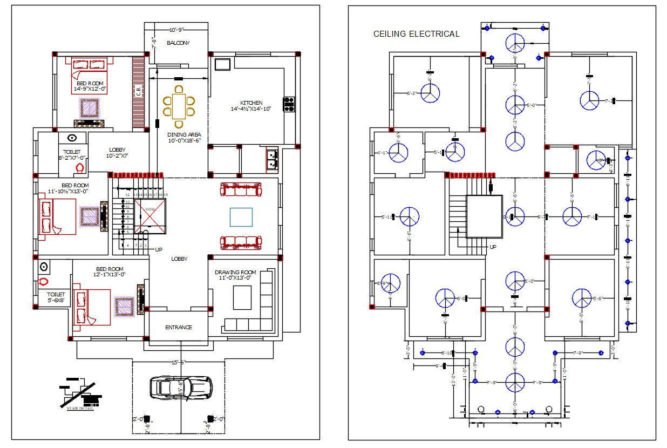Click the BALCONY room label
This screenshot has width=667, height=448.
coord(178,43)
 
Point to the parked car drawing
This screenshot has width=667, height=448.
coord(181,387)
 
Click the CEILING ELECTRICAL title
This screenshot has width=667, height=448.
coord(416,34)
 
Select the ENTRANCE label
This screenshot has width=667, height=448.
coord(179,328)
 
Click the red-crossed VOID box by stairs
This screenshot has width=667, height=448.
coord(150,216)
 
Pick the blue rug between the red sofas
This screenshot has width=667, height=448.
coord(241,217)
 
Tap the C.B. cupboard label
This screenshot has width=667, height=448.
coord(139,92)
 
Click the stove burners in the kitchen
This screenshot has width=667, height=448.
coord(289,103)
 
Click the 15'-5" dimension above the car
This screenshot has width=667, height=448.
coord(178,363)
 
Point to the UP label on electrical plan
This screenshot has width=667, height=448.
coord(493,247)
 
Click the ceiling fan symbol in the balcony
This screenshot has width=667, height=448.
coord(515,43)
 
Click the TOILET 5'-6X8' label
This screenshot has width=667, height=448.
coord(55,297)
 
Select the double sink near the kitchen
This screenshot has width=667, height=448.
coord(271,158)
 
